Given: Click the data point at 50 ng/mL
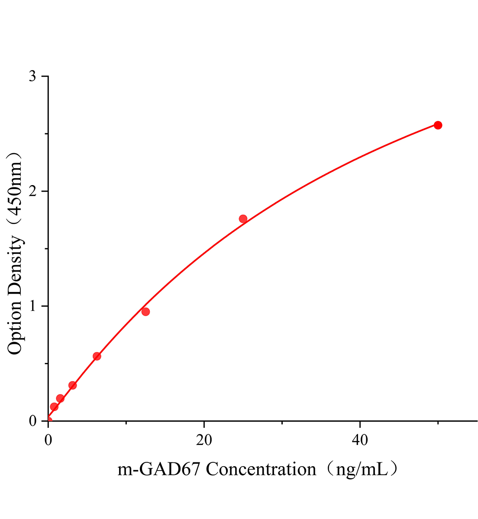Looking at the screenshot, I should (438, 125).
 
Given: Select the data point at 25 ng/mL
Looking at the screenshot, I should (243, 219).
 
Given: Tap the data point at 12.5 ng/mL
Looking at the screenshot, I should (145, 311).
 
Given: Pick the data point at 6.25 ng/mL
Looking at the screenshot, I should (97, 356).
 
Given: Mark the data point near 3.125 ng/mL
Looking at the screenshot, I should (73, 385).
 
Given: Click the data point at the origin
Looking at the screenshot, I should (48, 420).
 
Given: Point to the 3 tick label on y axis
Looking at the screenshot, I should (32, 77).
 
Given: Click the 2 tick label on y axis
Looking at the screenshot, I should (32, 191).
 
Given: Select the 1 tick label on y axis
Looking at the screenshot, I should (32, 306).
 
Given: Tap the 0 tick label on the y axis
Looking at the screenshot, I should (32, 421).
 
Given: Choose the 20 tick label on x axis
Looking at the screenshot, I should (204, 440).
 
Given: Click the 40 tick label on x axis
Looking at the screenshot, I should (360, 440).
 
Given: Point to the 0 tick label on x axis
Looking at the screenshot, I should (48, 440).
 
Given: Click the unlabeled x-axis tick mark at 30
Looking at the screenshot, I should (282, 423).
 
